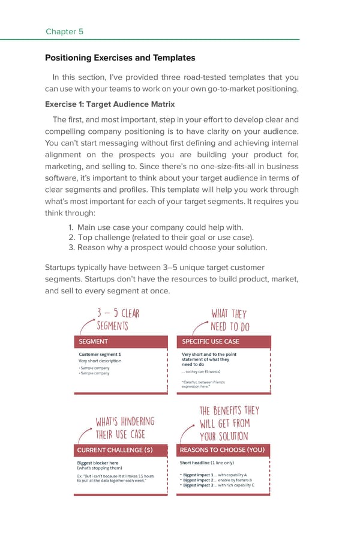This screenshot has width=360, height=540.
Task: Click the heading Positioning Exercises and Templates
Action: coord(120,58)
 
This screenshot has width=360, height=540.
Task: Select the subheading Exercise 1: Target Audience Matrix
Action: coord(110,104)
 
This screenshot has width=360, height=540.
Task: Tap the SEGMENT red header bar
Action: coord(120,341)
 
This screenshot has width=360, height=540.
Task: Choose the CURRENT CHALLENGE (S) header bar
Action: coord(120,450)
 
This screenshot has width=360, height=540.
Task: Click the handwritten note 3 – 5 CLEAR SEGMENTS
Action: coord(118,319)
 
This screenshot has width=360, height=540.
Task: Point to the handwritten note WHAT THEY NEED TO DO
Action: coord(229,319)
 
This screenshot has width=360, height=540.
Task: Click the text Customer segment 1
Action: coord(100,354)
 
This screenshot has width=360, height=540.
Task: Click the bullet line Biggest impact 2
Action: coord(217,480)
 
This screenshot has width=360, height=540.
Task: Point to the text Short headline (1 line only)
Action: coord(207,463)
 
